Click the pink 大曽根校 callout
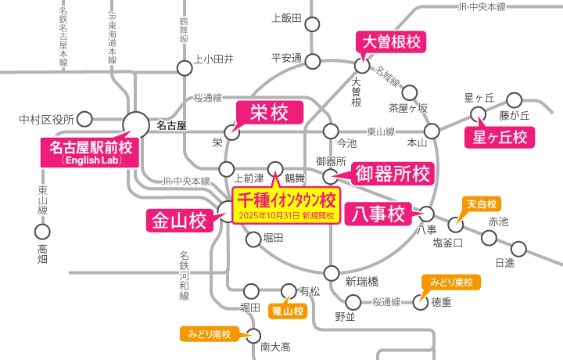391,42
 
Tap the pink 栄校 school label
270,113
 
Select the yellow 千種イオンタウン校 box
286,205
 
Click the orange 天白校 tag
482,204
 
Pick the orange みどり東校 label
451,283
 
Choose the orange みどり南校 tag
210,334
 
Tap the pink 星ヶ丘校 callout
500,137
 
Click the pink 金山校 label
180,221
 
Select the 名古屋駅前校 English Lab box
90,153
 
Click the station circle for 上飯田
312,25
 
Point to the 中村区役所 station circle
84,119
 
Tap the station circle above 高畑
42,232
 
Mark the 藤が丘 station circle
515,101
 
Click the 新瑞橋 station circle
332,273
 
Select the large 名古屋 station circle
136,125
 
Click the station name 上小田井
213,59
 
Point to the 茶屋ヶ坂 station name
408,108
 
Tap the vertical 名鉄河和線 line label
185,275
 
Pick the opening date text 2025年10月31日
269,215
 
